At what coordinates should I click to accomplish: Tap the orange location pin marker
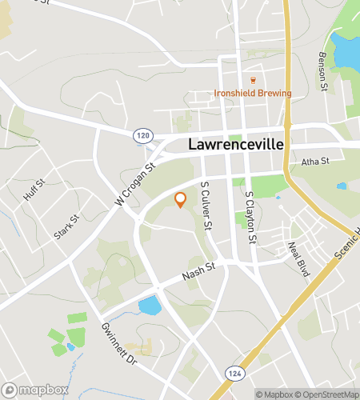pyautogui.click(x=181, y=200)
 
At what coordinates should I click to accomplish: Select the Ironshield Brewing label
pyautogui.click(x=253, y=93)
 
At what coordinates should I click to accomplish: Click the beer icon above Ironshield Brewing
pyautogui.click(x=253, y=80)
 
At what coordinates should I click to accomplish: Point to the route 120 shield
pyautogui.click(x=142, y=138)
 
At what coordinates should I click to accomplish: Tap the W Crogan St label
pyautogui.click(x=134, y=186)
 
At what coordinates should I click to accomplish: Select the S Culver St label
pyautogui.click(x=206, y=206)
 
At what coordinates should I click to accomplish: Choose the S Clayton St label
pyautogui.click(x=251, y=217)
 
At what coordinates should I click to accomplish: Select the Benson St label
pyautogui.click(x=322, y=70)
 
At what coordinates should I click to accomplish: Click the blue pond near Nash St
pyautogui.click(x=150, y=305)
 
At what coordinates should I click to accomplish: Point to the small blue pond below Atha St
pyautogui.click(x=342, y=186)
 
